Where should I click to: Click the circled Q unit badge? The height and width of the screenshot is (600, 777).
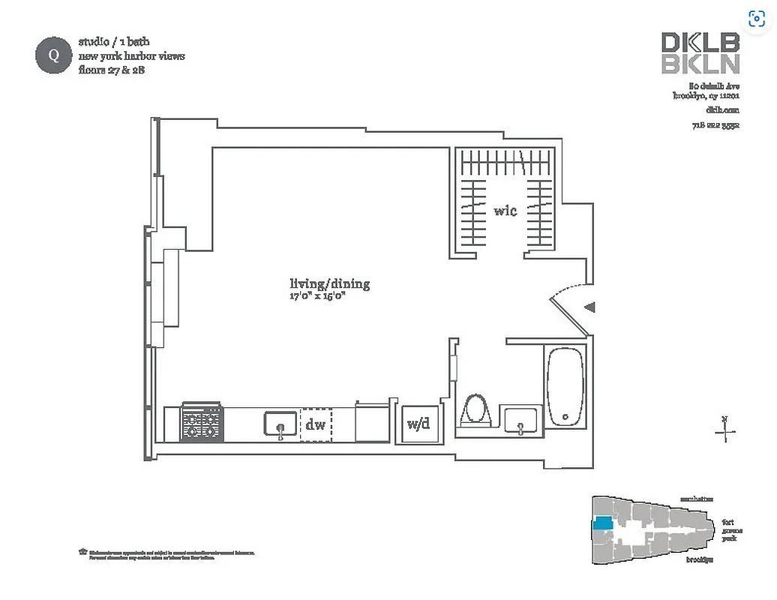[53, 55]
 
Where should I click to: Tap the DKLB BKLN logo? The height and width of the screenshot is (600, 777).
[700, 53]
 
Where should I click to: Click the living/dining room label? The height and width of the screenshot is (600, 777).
[329, 284]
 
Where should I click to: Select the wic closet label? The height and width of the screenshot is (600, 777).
[505, 211]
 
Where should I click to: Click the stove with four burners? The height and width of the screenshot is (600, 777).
[201, 422]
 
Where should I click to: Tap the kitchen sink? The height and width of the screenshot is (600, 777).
[280, 424]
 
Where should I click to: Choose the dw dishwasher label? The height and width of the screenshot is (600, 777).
[316, 425]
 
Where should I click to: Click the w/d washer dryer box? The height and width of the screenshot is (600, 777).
[418, 424]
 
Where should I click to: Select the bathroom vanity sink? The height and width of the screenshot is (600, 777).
[520, 420]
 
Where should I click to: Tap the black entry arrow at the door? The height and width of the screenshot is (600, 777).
[590, 307]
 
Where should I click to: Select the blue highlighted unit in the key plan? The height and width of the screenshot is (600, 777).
[602, 525]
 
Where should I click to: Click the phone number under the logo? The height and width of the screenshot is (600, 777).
[715, 125]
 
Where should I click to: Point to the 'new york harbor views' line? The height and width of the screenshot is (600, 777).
[131, 56]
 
